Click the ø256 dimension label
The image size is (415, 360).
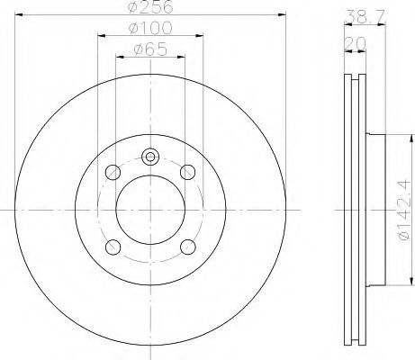tap(150, 6)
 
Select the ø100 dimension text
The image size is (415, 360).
tap(150, 28)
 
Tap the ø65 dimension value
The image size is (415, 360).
tap(150, 49)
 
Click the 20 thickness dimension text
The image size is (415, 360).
tap(356, 43)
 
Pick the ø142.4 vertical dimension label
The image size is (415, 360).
tap(403, 210)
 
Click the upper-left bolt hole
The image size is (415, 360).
tap(113, 172)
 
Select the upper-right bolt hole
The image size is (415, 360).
tap(188, 172)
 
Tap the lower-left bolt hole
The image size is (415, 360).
tap(113, 247)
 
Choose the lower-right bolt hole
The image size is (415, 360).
tap(188, 247)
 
